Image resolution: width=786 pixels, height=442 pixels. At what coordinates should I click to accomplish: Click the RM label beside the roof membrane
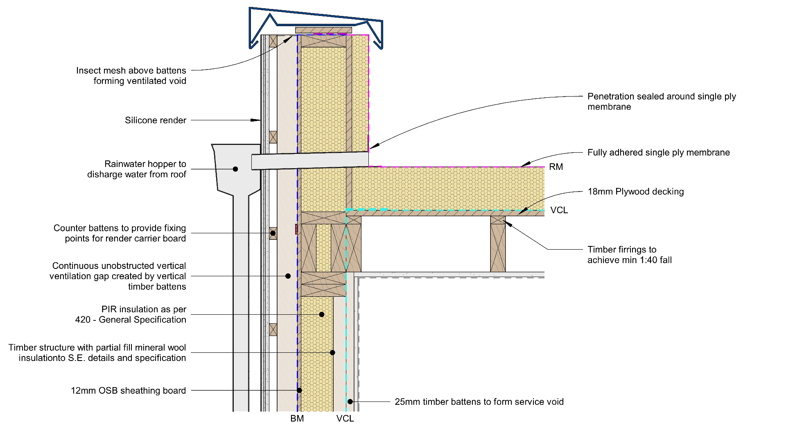pos(556,167)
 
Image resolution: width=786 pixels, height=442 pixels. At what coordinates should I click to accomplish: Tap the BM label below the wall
pos(297,419)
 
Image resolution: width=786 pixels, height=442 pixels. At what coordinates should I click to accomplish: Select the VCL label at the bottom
pos(345,419)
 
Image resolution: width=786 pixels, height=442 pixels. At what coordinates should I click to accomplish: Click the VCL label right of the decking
pos(559,210)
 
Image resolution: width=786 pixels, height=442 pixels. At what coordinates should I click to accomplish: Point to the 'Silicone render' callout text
pos(156,120)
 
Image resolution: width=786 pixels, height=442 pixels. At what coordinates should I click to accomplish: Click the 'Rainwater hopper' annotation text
pos(137,169)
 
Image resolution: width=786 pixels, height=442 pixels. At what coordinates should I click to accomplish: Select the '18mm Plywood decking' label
pos(636,192)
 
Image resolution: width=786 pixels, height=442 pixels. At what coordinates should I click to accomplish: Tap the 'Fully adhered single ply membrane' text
pos(659,153)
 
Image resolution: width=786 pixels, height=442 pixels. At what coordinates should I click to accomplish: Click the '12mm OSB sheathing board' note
pos(129,391)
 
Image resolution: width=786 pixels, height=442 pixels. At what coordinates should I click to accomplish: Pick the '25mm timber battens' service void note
pos(479,402)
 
